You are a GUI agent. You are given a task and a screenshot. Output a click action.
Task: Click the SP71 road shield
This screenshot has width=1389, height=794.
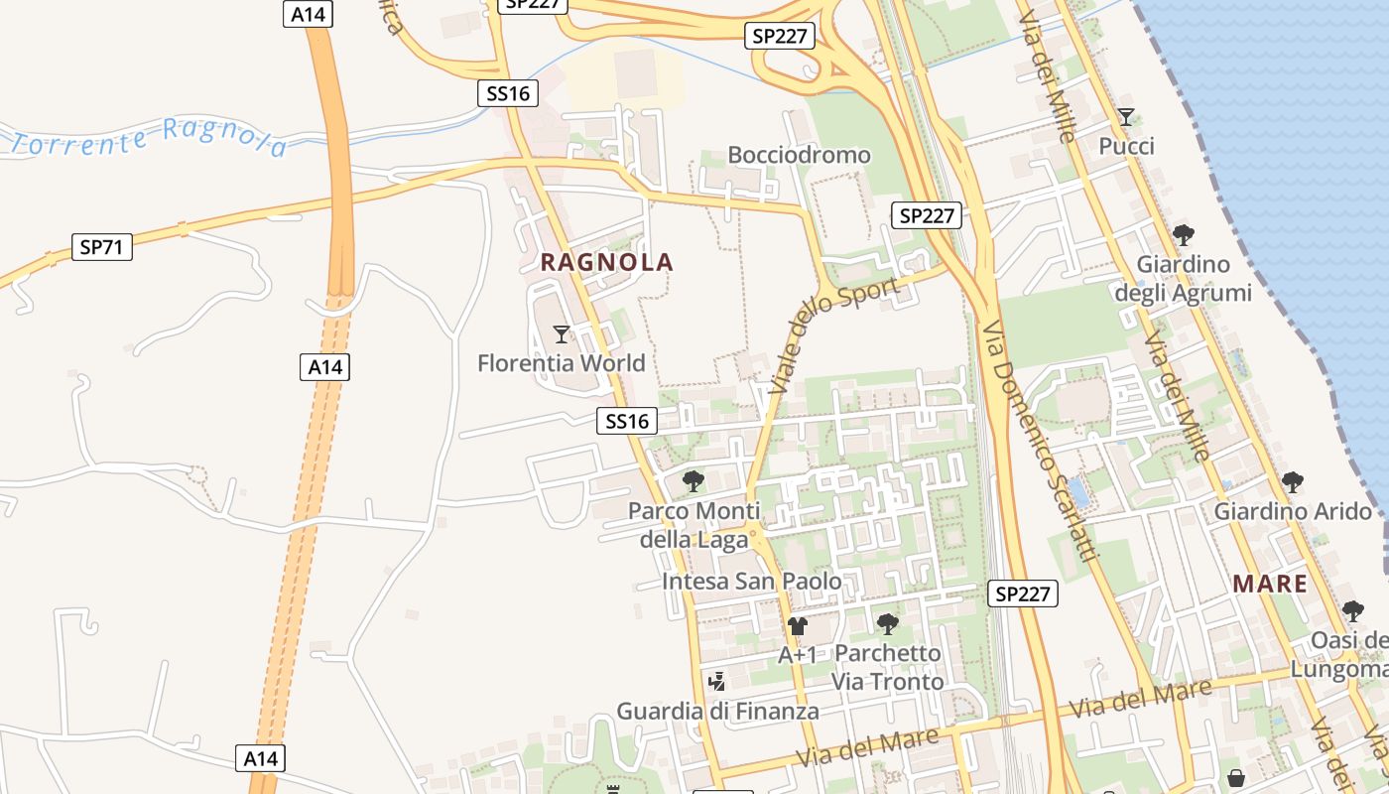102,247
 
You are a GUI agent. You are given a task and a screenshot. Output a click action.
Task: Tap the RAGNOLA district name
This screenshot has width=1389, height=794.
606,263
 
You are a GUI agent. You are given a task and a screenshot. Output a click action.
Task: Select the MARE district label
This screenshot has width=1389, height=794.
1270,584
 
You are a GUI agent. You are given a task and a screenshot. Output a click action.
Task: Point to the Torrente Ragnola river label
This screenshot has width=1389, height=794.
149,138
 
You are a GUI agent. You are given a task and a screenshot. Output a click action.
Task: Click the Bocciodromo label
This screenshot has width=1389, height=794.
799,155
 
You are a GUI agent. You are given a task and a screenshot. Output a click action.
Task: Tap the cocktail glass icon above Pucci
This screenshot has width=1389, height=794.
1126,117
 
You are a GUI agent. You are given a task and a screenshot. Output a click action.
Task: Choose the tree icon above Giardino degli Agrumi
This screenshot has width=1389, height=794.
1183,235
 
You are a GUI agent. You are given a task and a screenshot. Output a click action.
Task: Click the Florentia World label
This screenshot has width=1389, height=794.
562,363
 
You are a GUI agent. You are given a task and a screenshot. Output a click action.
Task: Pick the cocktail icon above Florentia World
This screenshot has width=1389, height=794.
562,333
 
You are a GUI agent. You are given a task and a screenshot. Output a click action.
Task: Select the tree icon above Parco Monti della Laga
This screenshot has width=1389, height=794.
694,481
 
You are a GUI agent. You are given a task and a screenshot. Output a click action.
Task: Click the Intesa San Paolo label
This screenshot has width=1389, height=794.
752,582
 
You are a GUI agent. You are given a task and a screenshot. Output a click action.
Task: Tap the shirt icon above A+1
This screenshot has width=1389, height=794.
798,625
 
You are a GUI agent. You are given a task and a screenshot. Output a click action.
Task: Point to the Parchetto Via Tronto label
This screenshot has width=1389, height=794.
888,668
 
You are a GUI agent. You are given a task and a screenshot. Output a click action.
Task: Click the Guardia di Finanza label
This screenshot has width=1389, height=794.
718,712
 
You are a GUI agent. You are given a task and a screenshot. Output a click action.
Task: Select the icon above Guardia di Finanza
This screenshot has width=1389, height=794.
717,682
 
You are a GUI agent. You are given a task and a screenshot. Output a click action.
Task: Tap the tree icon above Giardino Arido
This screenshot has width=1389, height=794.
1292,482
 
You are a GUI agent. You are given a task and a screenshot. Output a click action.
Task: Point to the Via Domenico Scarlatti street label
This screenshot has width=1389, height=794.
1042,441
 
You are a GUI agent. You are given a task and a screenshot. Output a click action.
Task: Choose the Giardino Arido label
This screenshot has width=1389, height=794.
1293,512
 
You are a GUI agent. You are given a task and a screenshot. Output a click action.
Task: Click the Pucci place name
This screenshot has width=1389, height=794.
1127,147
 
